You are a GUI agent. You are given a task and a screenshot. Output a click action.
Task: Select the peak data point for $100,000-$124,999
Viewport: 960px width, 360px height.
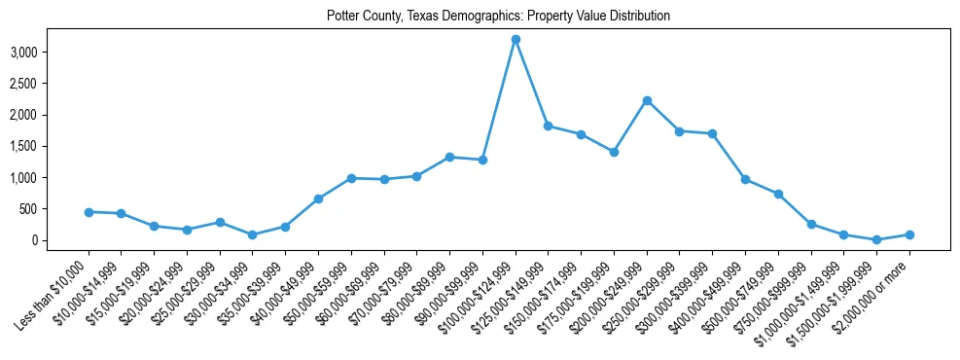pyautogui.click(x=516, y=39)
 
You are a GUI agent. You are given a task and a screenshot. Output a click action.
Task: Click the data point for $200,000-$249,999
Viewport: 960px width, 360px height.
pyautogui.click(x=647, y=100)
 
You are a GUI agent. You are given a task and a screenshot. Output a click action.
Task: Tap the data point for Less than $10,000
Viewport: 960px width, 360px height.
pyautogui.click(x=89, y=212)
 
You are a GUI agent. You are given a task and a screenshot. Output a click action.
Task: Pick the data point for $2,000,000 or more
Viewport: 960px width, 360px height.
pyautogui.click(x=909, y=234)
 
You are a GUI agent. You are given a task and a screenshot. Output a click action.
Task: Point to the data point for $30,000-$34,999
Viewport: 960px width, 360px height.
pyautogui.click(x=253, y=234)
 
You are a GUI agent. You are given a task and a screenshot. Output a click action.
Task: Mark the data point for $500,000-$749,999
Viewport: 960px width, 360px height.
pyautogui.click(x=778, y=194)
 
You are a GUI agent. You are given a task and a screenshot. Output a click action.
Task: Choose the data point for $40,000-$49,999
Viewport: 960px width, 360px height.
pyautogui.click(x=318, y=198)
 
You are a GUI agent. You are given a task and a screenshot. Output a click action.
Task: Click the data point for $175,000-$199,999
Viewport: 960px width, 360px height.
pyautogui.click(x=614, y=152)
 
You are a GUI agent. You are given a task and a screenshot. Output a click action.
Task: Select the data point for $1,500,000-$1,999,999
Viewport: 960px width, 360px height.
pyautogui.click(x=876, y=239)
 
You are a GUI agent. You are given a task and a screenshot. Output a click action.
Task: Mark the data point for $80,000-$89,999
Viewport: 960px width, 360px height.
pyautogui.click(x=449, y=157)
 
